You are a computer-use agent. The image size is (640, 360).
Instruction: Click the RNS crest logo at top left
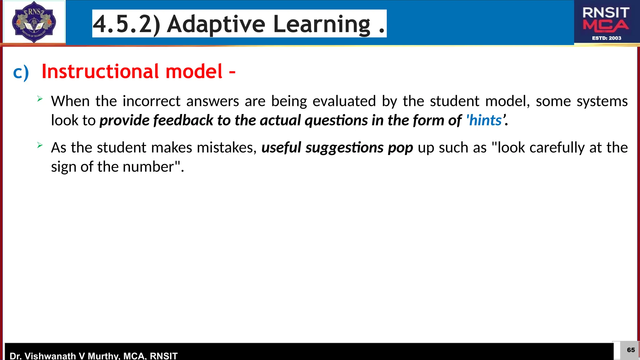click(34, 22)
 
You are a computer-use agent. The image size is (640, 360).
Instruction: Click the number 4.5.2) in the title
click(127, 24)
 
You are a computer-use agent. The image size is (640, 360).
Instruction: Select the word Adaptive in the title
click(216, 24)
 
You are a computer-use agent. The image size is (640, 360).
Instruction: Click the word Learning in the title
click(322, 24)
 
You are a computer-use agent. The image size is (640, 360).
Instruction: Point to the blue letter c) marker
click(21, 72)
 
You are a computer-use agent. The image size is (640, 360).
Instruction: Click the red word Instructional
click(100, 71)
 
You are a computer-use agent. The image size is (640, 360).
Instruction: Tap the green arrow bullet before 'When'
click(40, 99)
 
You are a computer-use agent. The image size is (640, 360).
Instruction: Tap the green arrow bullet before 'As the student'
click(40, 145)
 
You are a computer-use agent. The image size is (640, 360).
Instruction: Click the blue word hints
click(485, 120)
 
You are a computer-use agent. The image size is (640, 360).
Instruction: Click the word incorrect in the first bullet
click(151, 101)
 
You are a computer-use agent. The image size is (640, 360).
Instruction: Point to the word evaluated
click(344, 101)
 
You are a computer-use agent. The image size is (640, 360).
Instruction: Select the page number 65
click(631, 350)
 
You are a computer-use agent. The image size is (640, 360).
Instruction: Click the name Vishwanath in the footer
click(50, 356)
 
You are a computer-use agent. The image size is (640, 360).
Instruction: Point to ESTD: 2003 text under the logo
click(607, 38)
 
